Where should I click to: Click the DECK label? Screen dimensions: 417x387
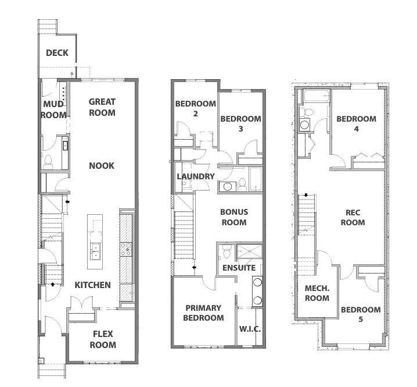click(x=57, y=53)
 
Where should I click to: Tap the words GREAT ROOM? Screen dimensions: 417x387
click(x=102, y=107)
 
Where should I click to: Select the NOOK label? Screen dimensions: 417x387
click(x=102, y=166)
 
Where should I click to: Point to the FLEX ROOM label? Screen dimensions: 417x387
click(x=103, y=339)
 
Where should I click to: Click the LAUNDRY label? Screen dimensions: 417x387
click(x=196, y=176)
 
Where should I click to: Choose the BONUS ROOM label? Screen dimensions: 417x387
click(x=234, y=217)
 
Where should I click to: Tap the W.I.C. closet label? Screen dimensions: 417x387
click(x=250, y=329)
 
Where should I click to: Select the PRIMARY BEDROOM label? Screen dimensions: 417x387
click(x=203, y=313)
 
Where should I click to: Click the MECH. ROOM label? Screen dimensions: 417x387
click(x=317, y=293)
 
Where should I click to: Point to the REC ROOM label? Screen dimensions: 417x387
click(x=353, y=218)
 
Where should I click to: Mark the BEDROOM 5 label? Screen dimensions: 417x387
click(x=361, y=314)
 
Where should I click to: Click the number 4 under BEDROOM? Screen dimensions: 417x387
click(x=357, y=129)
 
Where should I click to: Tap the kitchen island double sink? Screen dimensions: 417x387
click(x=95, y=251)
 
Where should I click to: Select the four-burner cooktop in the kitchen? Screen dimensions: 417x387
click(x=126, y=249)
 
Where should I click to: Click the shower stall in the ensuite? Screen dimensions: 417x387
click(x=250, y=251)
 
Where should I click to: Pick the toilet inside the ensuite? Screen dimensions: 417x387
click(x=227, y=251)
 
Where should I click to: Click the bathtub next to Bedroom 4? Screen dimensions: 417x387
click(x=317, y=96)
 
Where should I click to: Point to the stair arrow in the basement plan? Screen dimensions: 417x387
click(x=306, y=195)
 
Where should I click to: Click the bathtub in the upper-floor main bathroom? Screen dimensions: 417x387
click(x=256, y=179)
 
